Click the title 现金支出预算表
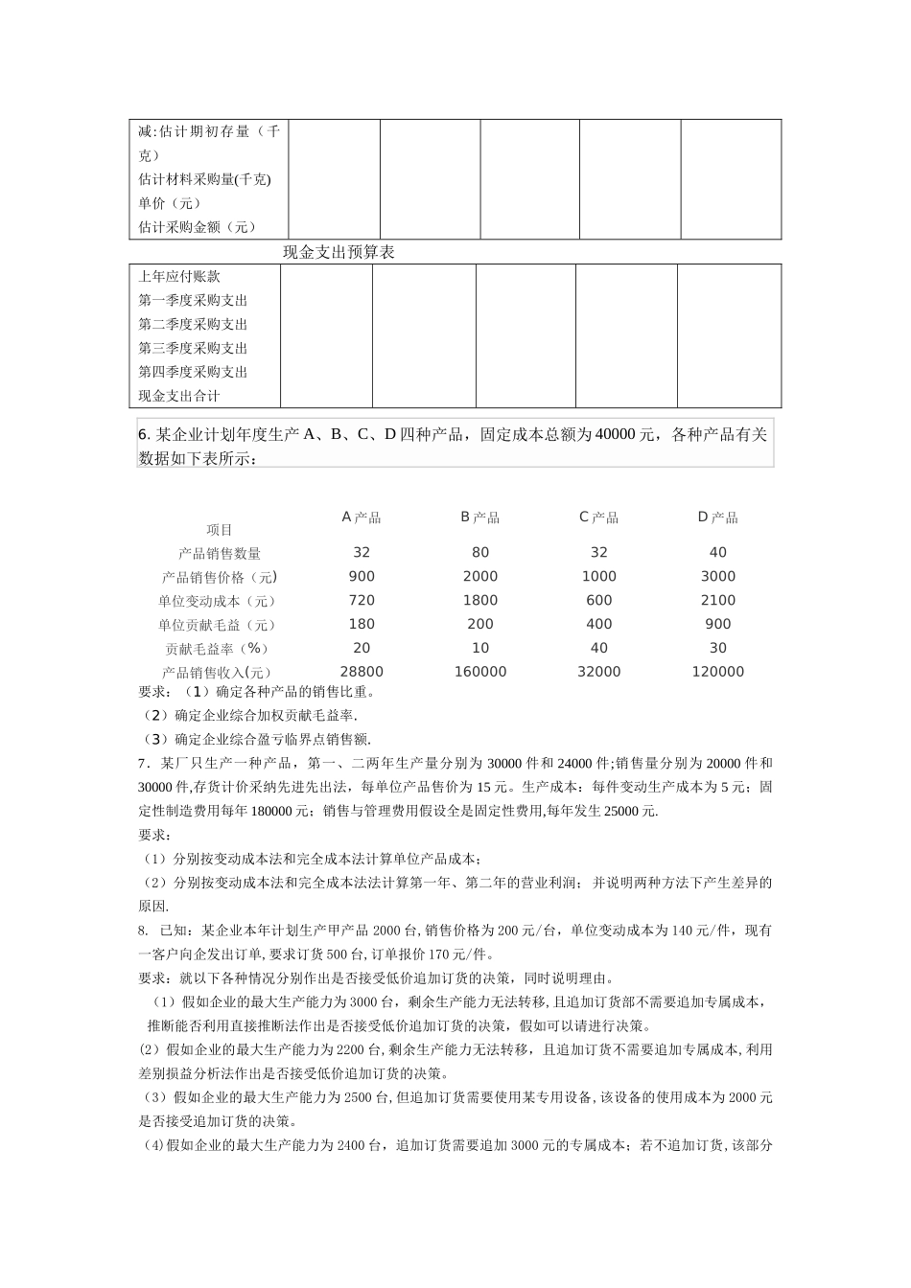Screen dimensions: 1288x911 click(x=339, y=253)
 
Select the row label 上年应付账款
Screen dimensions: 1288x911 click(x=179, y=277)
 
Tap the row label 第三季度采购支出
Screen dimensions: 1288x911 click(x=193, y=349)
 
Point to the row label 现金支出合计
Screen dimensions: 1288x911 click(x=179, y=397)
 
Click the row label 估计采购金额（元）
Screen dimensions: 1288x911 click(x=198, y=228)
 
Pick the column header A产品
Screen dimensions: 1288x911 click(x=362, y=518)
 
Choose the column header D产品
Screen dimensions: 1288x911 click(x=717, y=518)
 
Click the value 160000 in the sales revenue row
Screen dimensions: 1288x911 click(x=479, y=673)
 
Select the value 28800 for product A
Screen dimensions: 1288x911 click(x=362, y=673)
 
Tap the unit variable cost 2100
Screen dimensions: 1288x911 click(x=717, y=601)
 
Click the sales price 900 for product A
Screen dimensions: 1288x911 click(x=362, y=577)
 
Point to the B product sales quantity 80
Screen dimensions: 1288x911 click(x=479, y=553)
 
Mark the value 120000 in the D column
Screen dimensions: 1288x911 click(x=717, y=673)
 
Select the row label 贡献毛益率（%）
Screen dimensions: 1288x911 click(x=220, y=649)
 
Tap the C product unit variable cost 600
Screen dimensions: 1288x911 click(x=598, y=601)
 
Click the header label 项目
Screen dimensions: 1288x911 click(x=220, y=530)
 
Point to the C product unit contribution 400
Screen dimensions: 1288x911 click(x=598, y=625)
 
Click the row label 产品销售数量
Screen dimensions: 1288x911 click(x=220, y=554)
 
